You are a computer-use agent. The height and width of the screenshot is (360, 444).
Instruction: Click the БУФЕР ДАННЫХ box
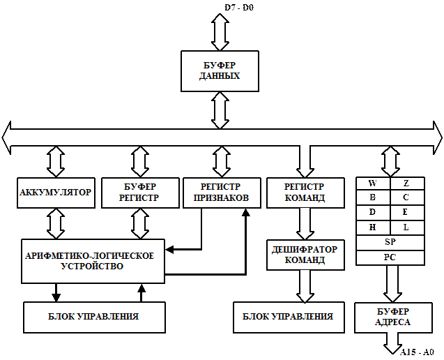coord(220,70)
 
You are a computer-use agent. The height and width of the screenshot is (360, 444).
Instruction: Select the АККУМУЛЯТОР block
coord(56,193)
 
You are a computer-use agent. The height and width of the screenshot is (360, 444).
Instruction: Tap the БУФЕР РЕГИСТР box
coord(140,193)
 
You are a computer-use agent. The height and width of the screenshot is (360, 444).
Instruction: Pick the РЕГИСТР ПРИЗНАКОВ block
coord(220,193)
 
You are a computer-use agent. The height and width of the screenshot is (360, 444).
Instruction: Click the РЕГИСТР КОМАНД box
coord(305,193)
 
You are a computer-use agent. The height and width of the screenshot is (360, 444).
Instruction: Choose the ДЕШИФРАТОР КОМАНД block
coord(304,255)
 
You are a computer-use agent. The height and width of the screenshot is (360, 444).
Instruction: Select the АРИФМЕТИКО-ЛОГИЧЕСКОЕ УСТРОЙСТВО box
coord(93,261)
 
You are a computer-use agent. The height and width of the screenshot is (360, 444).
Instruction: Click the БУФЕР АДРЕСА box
coord(392,317)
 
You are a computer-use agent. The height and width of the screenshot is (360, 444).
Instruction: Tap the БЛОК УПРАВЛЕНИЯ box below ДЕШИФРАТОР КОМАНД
coord(288,317)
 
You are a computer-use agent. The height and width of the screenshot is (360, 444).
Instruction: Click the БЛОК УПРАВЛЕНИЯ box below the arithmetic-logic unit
coord(93,317)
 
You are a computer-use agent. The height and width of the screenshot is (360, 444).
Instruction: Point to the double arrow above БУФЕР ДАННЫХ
coord(220,32)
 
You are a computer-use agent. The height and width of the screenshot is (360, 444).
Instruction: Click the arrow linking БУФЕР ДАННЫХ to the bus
coord(220,110)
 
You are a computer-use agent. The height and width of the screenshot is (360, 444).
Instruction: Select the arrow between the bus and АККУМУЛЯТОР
coord(56,160)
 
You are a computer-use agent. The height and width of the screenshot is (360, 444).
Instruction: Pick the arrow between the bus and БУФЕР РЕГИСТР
coord(140,160)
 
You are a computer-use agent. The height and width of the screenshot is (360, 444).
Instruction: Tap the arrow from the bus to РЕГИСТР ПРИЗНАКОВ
coord(221,160)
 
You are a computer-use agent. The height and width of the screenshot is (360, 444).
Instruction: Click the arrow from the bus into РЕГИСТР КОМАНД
coord(305,160)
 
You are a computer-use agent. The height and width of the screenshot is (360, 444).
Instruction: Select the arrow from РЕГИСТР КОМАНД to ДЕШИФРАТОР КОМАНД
coord(305,223)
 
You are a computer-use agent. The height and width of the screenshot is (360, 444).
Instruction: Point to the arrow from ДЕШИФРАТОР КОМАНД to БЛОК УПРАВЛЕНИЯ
coord(305,286)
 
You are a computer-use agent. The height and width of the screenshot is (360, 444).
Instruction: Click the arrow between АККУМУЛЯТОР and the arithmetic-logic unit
coord(56,223)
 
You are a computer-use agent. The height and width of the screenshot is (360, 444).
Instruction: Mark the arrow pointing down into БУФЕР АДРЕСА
coord(392,283)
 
